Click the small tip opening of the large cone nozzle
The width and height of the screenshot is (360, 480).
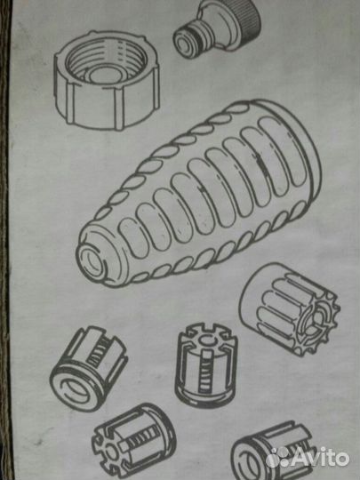[x=91, y=261]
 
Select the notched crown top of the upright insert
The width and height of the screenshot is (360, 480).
[x=208, y=337]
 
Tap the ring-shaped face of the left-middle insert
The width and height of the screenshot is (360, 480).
[x=75, y=388]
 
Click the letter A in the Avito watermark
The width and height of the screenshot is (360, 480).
[x=298, y=459]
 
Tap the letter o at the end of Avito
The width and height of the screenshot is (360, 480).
[x=343, y=460]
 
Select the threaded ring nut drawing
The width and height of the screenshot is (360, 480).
[x=107, y=80]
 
